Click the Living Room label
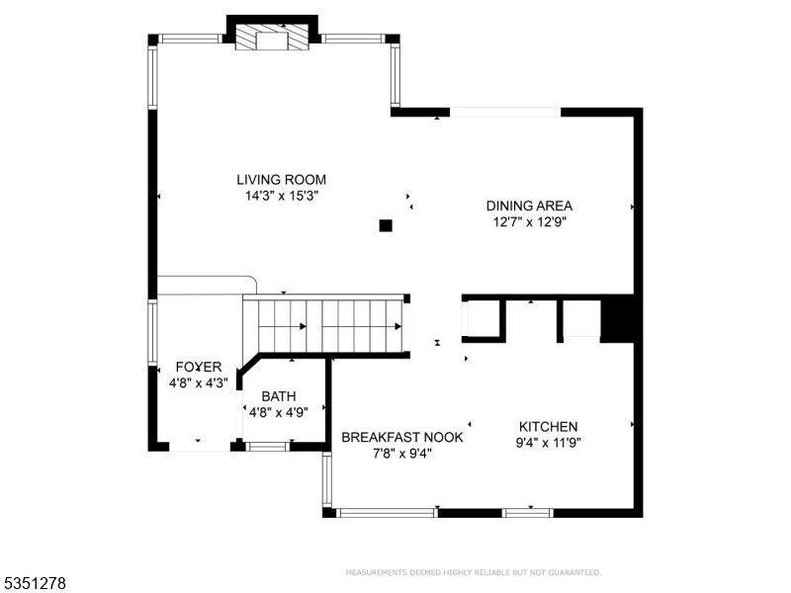(281, 180)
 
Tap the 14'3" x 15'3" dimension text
(281, 196)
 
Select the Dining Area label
(529, 206)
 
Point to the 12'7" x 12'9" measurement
(529, 222)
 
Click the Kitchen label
(548, 426)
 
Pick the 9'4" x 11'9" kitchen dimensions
(548, 443)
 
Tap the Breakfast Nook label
(401, 437)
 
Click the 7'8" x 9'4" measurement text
(401, 454)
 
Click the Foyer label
(199, 367)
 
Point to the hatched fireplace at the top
(272, 39)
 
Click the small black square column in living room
(386, 225)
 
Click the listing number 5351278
(35, 583)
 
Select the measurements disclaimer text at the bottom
(473, 572)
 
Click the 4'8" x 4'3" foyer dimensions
(199, 383)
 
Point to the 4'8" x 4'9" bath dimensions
(279, 412)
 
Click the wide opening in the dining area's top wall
(505, 112)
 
